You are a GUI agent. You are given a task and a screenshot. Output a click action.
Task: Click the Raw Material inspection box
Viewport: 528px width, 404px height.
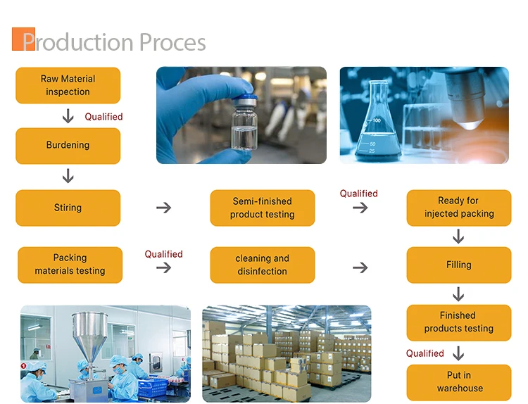coord(68,85)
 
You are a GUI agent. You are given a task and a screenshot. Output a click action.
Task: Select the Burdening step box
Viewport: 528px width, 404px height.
coord(68,146)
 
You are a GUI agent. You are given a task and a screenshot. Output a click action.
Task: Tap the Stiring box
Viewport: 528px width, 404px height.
coord(68,208)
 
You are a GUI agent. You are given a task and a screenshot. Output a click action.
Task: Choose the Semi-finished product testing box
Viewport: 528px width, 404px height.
coord(263,208)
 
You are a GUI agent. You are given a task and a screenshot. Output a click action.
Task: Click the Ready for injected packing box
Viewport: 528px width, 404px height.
coord(459,208)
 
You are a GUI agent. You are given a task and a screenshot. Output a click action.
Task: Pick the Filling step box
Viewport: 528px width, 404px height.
coord(459,265)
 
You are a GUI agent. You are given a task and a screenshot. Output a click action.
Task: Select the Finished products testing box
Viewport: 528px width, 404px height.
coord(459,322)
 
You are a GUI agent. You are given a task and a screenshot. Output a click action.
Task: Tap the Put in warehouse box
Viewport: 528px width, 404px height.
coord(459,382)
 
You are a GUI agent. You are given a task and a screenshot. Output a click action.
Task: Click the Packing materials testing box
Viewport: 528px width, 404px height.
coord(70,265)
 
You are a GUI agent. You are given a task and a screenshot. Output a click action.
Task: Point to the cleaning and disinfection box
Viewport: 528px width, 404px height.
coord(263,265)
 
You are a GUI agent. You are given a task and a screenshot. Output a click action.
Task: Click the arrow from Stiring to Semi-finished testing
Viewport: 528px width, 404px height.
coord(163,208)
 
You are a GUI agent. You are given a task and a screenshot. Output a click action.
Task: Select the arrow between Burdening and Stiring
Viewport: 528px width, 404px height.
coord(68,176)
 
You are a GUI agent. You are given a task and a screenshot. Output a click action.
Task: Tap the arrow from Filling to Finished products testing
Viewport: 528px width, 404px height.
coord(458,294)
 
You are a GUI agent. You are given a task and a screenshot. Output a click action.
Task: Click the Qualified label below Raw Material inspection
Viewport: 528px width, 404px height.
coord(103,117)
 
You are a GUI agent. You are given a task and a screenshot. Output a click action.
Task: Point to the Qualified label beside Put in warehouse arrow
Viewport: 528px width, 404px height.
coord(425,353)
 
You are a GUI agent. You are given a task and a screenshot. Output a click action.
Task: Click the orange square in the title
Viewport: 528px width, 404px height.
coord(23,39)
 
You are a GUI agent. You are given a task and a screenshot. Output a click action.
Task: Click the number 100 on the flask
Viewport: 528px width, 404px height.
coord(377,120)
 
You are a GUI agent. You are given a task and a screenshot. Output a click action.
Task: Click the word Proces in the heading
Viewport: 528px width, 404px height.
coord(172,42)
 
